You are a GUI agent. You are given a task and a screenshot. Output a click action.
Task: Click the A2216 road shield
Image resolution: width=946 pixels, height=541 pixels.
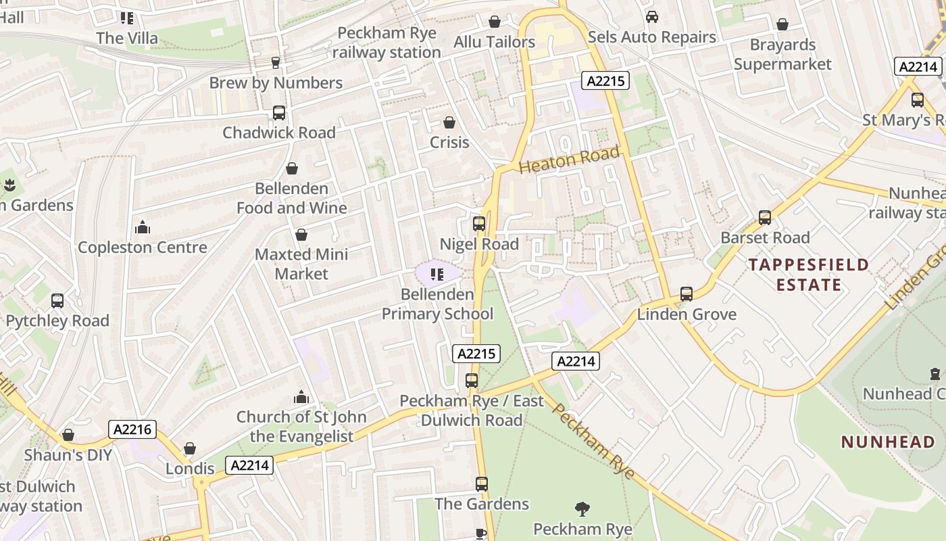click(x=133, y=429)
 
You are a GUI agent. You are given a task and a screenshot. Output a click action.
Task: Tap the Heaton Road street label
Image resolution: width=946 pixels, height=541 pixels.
click(x=569, y=160)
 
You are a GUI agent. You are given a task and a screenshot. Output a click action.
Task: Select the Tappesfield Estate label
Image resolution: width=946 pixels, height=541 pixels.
click(x=809, y=275)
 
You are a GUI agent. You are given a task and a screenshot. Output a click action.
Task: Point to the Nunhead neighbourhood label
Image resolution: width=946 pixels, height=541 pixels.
click(x=888, y=442)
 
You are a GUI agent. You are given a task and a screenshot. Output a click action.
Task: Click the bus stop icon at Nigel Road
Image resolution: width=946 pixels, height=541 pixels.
click(x=479, y=223)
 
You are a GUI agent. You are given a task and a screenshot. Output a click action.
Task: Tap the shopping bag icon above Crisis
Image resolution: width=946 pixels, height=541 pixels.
click(x=449, y=122)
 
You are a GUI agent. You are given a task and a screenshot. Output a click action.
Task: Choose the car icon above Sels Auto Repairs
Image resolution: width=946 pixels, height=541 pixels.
click(x=651, y=17)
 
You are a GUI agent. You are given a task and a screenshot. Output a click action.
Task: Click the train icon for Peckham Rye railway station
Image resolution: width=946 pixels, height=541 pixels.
click(x=275, y=63)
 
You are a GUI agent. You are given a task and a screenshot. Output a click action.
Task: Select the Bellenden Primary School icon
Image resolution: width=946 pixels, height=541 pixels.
click(x=437, y=274)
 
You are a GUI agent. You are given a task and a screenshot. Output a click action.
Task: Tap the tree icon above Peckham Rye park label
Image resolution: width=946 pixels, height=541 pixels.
click(x=582, y=509)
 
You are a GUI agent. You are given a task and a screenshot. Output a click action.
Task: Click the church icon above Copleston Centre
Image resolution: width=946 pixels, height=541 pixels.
click(x=142, y=227)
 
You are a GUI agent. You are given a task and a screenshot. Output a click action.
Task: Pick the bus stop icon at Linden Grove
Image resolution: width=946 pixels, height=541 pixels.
click(x=687, y=293)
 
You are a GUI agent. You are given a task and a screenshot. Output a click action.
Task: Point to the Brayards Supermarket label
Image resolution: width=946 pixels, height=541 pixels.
click(x=782, y=55)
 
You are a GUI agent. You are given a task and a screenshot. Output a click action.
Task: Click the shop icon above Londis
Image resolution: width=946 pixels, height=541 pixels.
click(x=190, y=448)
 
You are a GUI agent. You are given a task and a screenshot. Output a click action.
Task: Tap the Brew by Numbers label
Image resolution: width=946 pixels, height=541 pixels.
click(x=276, y=83)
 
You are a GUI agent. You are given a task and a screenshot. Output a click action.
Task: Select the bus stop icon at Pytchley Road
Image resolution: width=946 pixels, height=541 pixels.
click(x=57, y=300)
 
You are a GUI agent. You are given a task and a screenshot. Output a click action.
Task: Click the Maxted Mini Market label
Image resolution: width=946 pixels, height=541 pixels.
click(x=301, y=264)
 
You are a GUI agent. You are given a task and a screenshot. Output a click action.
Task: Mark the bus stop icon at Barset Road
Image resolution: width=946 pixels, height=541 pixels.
click(x=765, y=218)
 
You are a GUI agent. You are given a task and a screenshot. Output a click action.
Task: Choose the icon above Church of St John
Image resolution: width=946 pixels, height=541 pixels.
click(x=301, y=397)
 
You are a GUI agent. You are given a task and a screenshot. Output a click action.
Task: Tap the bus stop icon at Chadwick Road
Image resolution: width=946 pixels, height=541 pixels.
click(x=279, y=113)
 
